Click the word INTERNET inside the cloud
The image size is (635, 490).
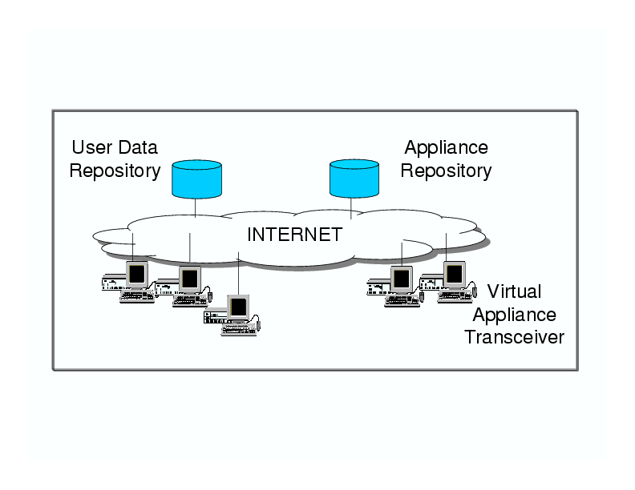(294, 235)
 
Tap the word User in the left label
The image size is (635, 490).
(89, 148)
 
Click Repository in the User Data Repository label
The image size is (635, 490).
(115, 171)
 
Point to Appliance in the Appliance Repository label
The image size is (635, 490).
(446, 148)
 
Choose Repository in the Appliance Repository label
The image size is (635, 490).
(446, 171)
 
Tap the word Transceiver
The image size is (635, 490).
(514, 336)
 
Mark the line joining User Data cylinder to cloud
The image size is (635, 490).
(196, 207)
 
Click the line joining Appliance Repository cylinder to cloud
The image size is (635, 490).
(352, 207)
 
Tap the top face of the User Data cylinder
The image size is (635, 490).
(196, 166)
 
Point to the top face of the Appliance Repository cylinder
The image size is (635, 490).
(354, 166)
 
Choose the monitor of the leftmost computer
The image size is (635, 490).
(137, 274)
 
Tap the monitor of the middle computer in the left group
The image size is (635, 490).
(190, 278)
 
